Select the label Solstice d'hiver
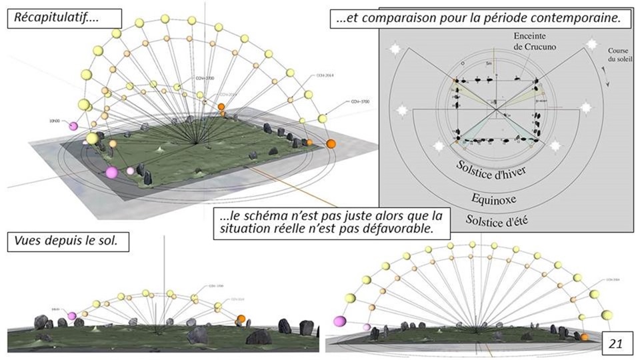(x=493, y=169)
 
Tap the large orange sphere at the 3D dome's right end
(x=331, y=143)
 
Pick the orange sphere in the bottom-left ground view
(x=241, y=319)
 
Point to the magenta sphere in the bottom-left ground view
(x=72, y=315)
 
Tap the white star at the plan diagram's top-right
(x=589, y=45)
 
